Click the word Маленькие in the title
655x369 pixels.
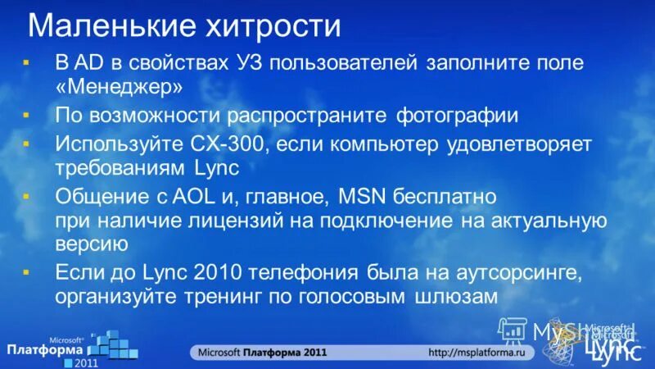coord(108,26)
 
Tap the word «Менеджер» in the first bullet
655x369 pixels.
coord(119,85)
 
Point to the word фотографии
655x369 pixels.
coord(457,115)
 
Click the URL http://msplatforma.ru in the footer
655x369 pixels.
coord(481,352)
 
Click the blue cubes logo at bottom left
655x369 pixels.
coord(111,345)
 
